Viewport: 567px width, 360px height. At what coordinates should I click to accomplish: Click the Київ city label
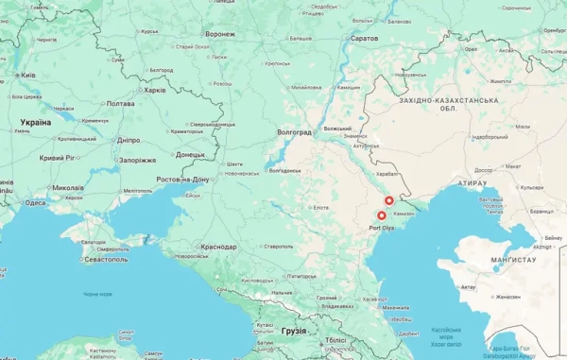coord(27,75)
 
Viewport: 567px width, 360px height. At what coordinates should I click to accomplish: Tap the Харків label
coord(153,91)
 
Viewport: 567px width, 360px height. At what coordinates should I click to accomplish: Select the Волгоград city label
coord(293,132)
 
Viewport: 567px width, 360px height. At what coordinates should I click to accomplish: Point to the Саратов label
coord(364,38)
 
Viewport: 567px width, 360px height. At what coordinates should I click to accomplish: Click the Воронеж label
coord(219,34)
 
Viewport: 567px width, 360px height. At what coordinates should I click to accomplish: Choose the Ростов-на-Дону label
coord(183,179)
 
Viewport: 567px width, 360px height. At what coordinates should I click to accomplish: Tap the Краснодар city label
coord(217,247)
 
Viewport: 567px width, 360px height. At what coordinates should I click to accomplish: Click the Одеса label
coord(35,202)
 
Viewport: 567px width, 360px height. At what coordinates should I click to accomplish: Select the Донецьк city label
coord(189,155)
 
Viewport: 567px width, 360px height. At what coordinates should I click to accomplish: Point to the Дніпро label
coord(128,140)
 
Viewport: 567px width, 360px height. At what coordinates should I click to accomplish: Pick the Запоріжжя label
coord(137,160)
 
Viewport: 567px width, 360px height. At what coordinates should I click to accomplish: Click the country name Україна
coord(36,123)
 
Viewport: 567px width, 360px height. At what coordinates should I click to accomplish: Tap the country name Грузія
coord(295,331)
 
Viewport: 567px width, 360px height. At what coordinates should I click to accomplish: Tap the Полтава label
coord(120,103)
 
